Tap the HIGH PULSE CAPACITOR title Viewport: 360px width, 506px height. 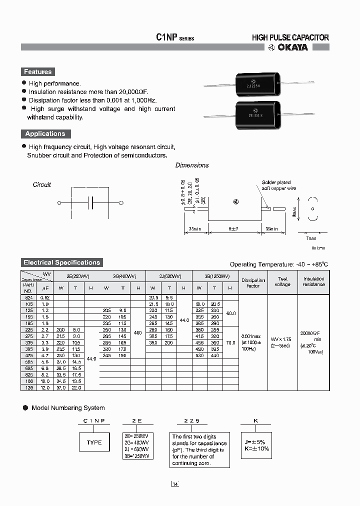tap(290, 37)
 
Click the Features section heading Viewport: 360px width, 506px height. tap(37, 72)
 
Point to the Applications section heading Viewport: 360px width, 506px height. tap(45, 134)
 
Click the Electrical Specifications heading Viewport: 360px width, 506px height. tap(61, 262)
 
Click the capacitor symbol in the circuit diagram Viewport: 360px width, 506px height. tap(90, 203)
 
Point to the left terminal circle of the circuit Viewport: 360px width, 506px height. tap(59, 203)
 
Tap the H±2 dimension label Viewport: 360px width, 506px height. tap(233, 228)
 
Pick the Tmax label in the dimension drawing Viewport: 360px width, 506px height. tap(311, 238)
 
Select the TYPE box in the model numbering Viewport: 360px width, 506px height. tap(94, 442)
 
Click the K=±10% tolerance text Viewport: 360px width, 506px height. tap(256, 448)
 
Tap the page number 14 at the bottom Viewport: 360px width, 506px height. tap(174, 484)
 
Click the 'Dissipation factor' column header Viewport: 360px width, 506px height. tap(253, 283)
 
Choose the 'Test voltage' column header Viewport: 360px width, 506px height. tap(282, 282)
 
